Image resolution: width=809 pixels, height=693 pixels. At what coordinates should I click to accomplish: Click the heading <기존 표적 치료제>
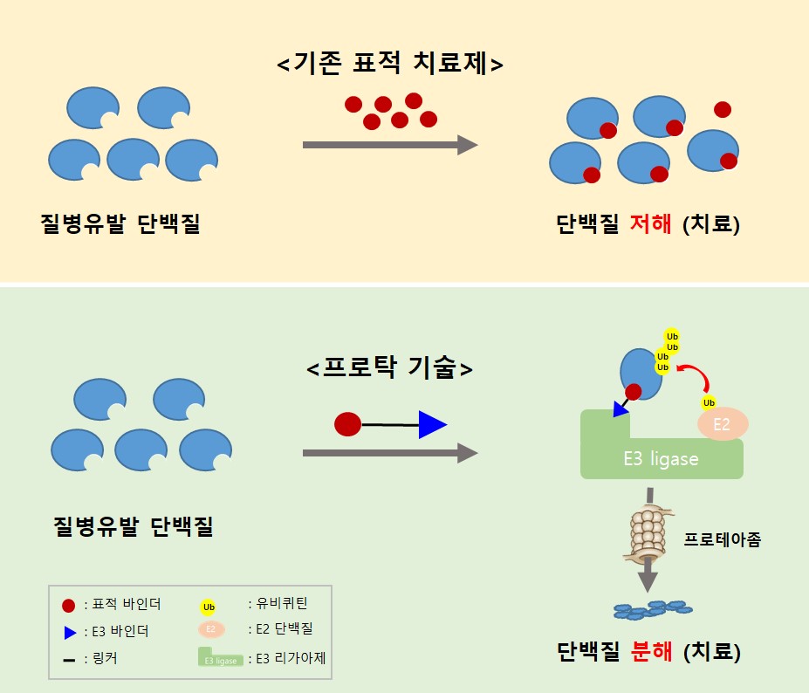390,64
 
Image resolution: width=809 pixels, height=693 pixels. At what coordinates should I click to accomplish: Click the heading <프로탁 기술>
390,368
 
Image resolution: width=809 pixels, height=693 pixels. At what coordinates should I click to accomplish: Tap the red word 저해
651,224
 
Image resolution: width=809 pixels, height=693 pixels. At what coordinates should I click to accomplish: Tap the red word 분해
651,651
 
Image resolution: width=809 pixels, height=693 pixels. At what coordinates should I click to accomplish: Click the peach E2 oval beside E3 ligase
722,425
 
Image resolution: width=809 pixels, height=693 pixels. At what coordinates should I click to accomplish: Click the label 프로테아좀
723,539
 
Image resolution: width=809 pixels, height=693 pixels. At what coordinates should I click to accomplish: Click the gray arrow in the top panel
389,145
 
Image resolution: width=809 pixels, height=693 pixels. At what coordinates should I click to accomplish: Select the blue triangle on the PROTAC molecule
431,425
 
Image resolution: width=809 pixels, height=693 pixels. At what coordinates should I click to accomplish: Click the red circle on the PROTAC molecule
348,424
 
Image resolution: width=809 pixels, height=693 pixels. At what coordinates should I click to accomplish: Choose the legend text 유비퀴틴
278,603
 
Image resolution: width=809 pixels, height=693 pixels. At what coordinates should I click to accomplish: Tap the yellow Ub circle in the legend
209,607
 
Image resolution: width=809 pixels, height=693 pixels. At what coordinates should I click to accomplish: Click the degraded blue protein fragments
648,609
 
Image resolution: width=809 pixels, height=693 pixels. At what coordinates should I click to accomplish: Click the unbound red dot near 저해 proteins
723,109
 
